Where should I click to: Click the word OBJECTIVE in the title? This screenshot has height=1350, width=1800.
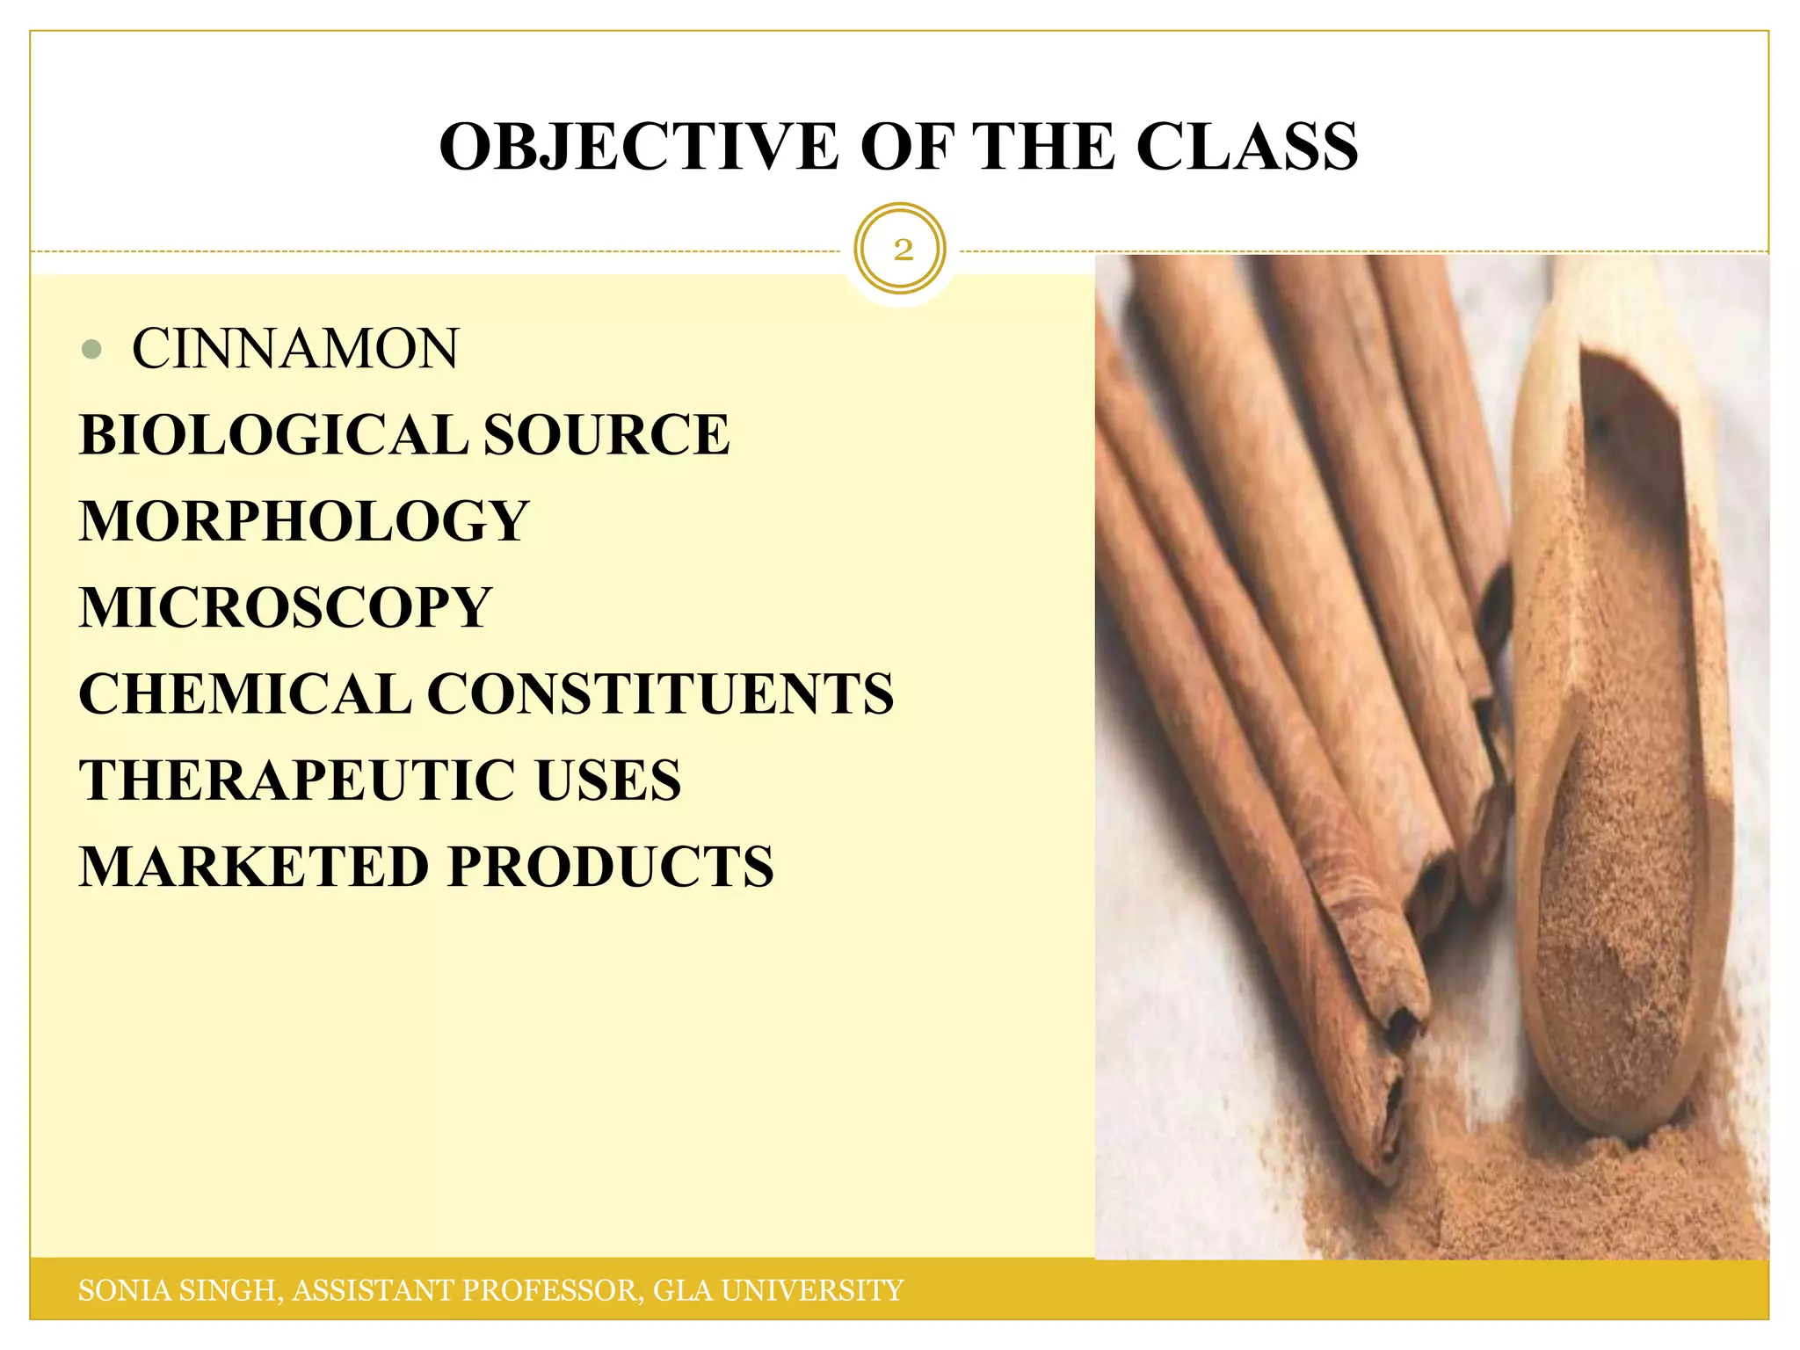639,147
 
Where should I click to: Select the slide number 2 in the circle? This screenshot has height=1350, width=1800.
902,250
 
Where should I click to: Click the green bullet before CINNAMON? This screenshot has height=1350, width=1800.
91,349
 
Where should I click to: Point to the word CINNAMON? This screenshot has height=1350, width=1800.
295,349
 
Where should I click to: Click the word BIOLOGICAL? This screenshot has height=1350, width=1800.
273,435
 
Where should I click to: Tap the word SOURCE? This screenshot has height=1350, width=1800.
606,435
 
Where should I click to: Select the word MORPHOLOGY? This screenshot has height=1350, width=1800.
304,521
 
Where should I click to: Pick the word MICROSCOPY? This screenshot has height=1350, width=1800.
286,607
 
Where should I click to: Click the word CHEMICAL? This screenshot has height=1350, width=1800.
244,694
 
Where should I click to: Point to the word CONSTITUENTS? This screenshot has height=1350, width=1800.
661,694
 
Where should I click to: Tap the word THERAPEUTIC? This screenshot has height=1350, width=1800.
298,780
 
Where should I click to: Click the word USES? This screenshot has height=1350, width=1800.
608,780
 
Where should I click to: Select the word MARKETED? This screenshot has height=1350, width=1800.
254,867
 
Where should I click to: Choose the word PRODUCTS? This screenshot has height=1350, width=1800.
612,867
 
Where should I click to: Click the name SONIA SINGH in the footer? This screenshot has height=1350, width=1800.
179,1290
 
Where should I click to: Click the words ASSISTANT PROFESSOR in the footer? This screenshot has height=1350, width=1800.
468,1290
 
